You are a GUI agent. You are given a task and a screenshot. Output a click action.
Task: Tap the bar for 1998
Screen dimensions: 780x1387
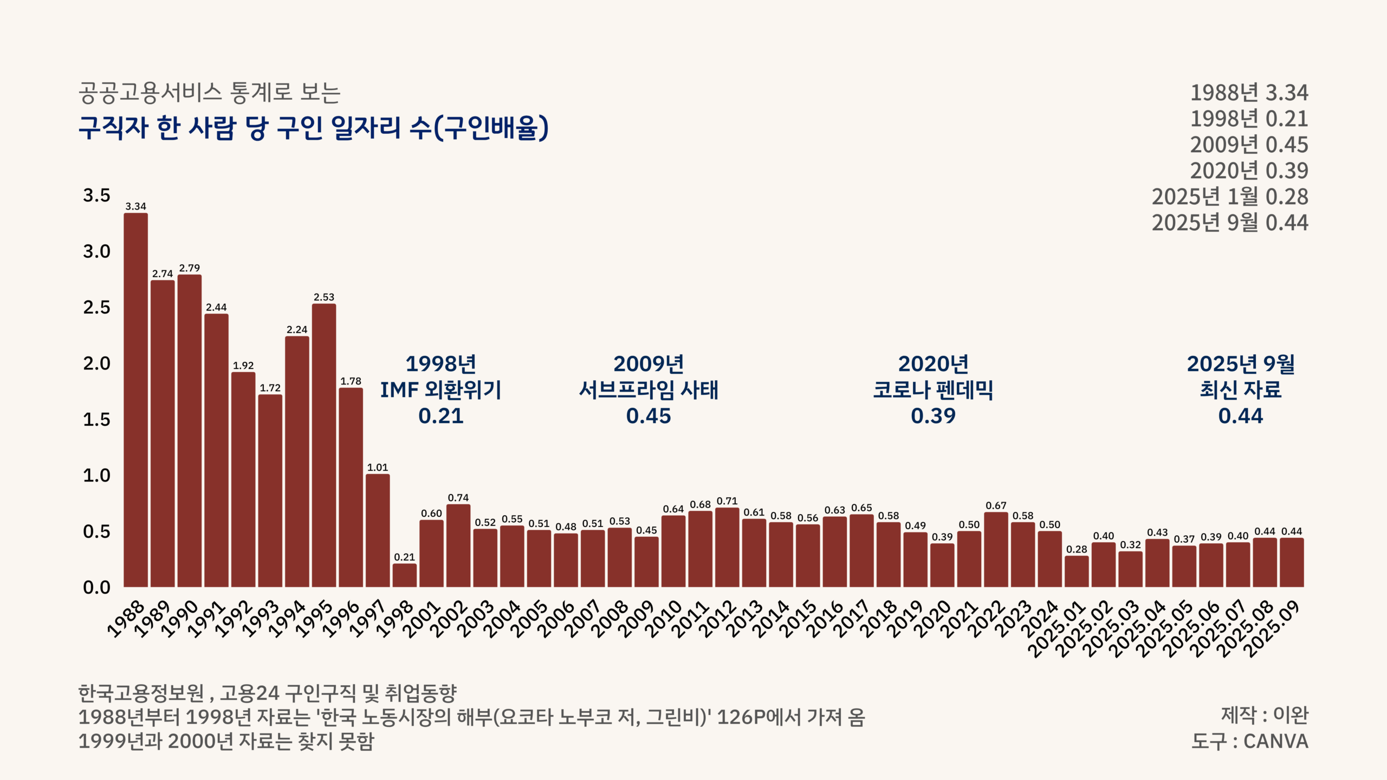pyautogui.click(x=405, y=575)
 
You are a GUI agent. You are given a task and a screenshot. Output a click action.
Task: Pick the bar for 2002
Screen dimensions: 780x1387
pyautogui.click(x=458, y=545)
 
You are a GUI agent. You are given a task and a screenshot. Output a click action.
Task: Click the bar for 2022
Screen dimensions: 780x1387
pyautogui.click(x=996, y=549)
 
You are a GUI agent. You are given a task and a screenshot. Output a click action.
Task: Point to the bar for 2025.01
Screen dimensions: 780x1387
pyautogui.click(x=1077, y=571)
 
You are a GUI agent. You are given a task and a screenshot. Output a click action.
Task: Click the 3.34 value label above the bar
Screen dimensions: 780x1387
pyautogui.click(x=135, y=206)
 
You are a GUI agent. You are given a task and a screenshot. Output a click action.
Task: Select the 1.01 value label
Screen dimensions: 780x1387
pyautogui.click(x=378, y=467)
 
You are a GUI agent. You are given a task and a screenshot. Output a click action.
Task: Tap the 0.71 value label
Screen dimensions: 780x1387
pyautogui.click(x=727, y=501)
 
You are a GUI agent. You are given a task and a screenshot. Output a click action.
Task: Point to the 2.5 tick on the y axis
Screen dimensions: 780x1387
pyautogui.click(x=96, y=307)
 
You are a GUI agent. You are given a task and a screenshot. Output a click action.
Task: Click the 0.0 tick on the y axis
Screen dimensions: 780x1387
pyautogui.click(x=96, y=587)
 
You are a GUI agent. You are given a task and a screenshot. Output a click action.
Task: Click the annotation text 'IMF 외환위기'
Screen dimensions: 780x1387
pyautogui.click(x=441, y=389)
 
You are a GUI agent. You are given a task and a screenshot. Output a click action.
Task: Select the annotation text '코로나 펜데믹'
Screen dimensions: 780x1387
pyautogui.click(x=933, y=389)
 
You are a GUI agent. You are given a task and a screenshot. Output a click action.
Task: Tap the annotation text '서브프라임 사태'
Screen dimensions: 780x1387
pyautogui.click(x=649, y=389)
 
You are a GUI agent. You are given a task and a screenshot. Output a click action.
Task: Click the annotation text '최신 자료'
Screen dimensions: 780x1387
pyautogui.click(x=1241, y=389)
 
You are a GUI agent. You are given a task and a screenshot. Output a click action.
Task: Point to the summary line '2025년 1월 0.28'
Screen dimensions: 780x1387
pyautogui.click(x=1230, y=197)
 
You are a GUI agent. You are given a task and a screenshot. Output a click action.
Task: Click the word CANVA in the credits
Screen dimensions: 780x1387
pyautogui.click(x=1276, y=741)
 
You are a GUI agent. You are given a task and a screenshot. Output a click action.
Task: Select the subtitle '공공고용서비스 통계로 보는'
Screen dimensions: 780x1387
pyautogui.click(x=210, y=93)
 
